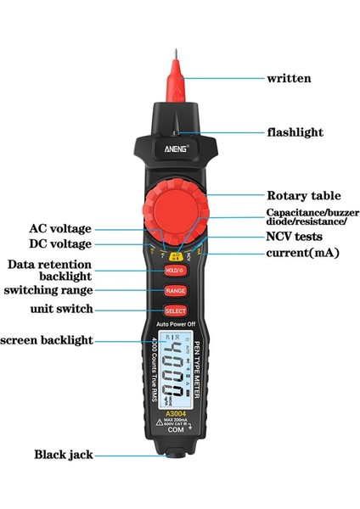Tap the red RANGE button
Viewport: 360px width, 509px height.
[x=176, y=290]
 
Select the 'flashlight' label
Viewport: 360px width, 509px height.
[x=295, y=132]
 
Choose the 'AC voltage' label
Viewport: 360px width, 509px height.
[x=60, y=228]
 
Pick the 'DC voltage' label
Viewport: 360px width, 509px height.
[x=60, y=243]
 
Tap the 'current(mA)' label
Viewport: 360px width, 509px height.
[x=303, y=253]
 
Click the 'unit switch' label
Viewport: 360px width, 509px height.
[x=62, y=309]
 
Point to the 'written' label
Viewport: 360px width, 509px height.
[x=289, y=78]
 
